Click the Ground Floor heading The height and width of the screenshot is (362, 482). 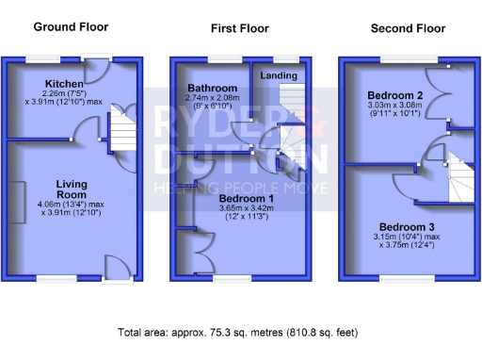62,27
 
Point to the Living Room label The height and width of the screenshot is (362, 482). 72,189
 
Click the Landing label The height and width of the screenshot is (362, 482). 279,75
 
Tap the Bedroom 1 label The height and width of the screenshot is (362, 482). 246,199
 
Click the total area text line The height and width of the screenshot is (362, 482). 238,333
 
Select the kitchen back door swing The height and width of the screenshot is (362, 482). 98,72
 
